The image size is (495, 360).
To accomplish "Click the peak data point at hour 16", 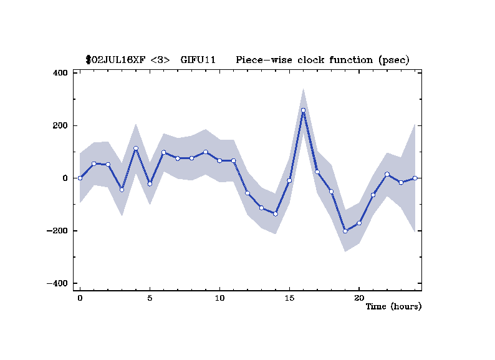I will point(303,110).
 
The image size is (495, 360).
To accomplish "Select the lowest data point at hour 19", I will point(345,231).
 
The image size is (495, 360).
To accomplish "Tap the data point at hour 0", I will point(80,178).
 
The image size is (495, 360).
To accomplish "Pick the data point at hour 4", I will point(135,148).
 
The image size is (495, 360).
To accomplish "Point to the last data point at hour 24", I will point(415,178).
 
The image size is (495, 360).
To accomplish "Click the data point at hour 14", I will point(275,214).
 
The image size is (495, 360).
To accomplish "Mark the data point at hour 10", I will point(219,161).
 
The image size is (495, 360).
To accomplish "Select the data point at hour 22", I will point(387,175).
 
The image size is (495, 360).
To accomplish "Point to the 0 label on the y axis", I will point(64,178).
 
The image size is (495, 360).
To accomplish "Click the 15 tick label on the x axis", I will point(289,298).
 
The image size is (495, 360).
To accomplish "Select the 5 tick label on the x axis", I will point(150,298).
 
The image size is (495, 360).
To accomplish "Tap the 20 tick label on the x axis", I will point(358,298).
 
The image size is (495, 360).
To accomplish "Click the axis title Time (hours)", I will point(393,306).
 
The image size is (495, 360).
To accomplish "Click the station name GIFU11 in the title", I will point(198,60).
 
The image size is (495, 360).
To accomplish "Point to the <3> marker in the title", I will point(160,60).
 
